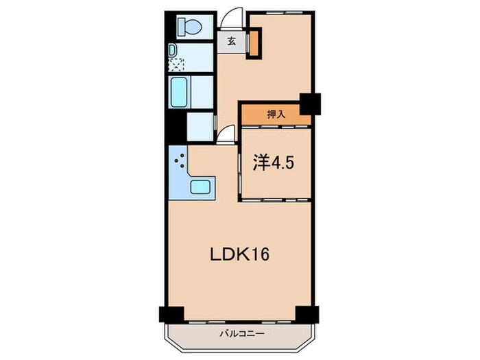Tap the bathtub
click(180, 91)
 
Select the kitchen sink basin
click(202, 186)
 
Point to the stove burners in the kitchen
click(179, 163)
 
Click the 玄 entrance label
click(232, 40)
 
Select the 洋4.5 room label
click(272, 164)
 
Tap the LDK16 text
click(239, 254)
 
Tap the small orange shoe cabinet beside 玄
click(254, 43)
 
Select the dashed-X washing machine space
click(176, 65)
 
